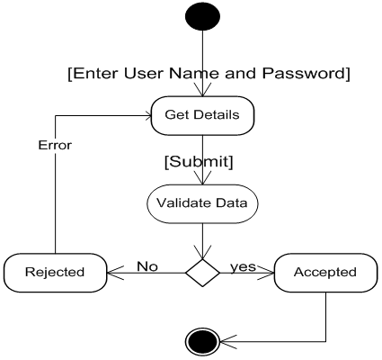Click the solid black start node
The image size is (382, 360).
[x=202, y=15]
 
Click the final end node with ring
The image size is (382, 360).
[x=202, y=342]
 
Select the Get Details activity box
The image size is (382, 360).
[x=202, y=115]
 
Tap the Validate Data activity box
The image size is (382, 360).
[x=202, y=203]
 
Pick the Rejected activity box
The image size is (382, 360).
[x=55, y=273]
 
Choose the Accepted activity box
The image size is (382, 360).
[x=325, y=273]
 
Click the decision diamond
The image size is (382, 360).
[x=202, y=273]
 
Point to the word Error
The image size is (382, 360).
[x=55, y=145]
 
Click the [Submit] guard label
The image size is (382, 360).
[x=199, y=161]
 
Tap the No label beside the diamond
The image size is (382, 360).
[x=147, y=266]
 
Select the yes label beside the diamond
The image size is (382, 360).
[x=243, y=266]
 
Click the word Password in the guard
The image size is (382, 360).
[x=306, y=74]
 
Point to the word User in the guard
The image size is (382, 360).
[x=142, y=74]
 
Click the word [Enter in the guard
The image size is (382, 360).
[x=93, y=74]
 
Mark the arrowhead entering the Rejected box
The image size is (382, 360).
[x=115, y=273]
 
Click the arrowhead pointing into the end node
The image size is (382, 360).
[x=228, y=341]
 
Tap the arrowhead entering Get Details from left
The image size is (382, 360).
[x=147, y=116]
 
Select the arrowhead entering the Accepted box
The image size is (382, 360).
[x=266, y=273]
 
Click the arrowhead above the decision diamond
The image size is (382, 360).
[x=202, y=252]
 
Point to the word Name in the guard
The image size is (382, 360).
[x=194, y=74]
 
